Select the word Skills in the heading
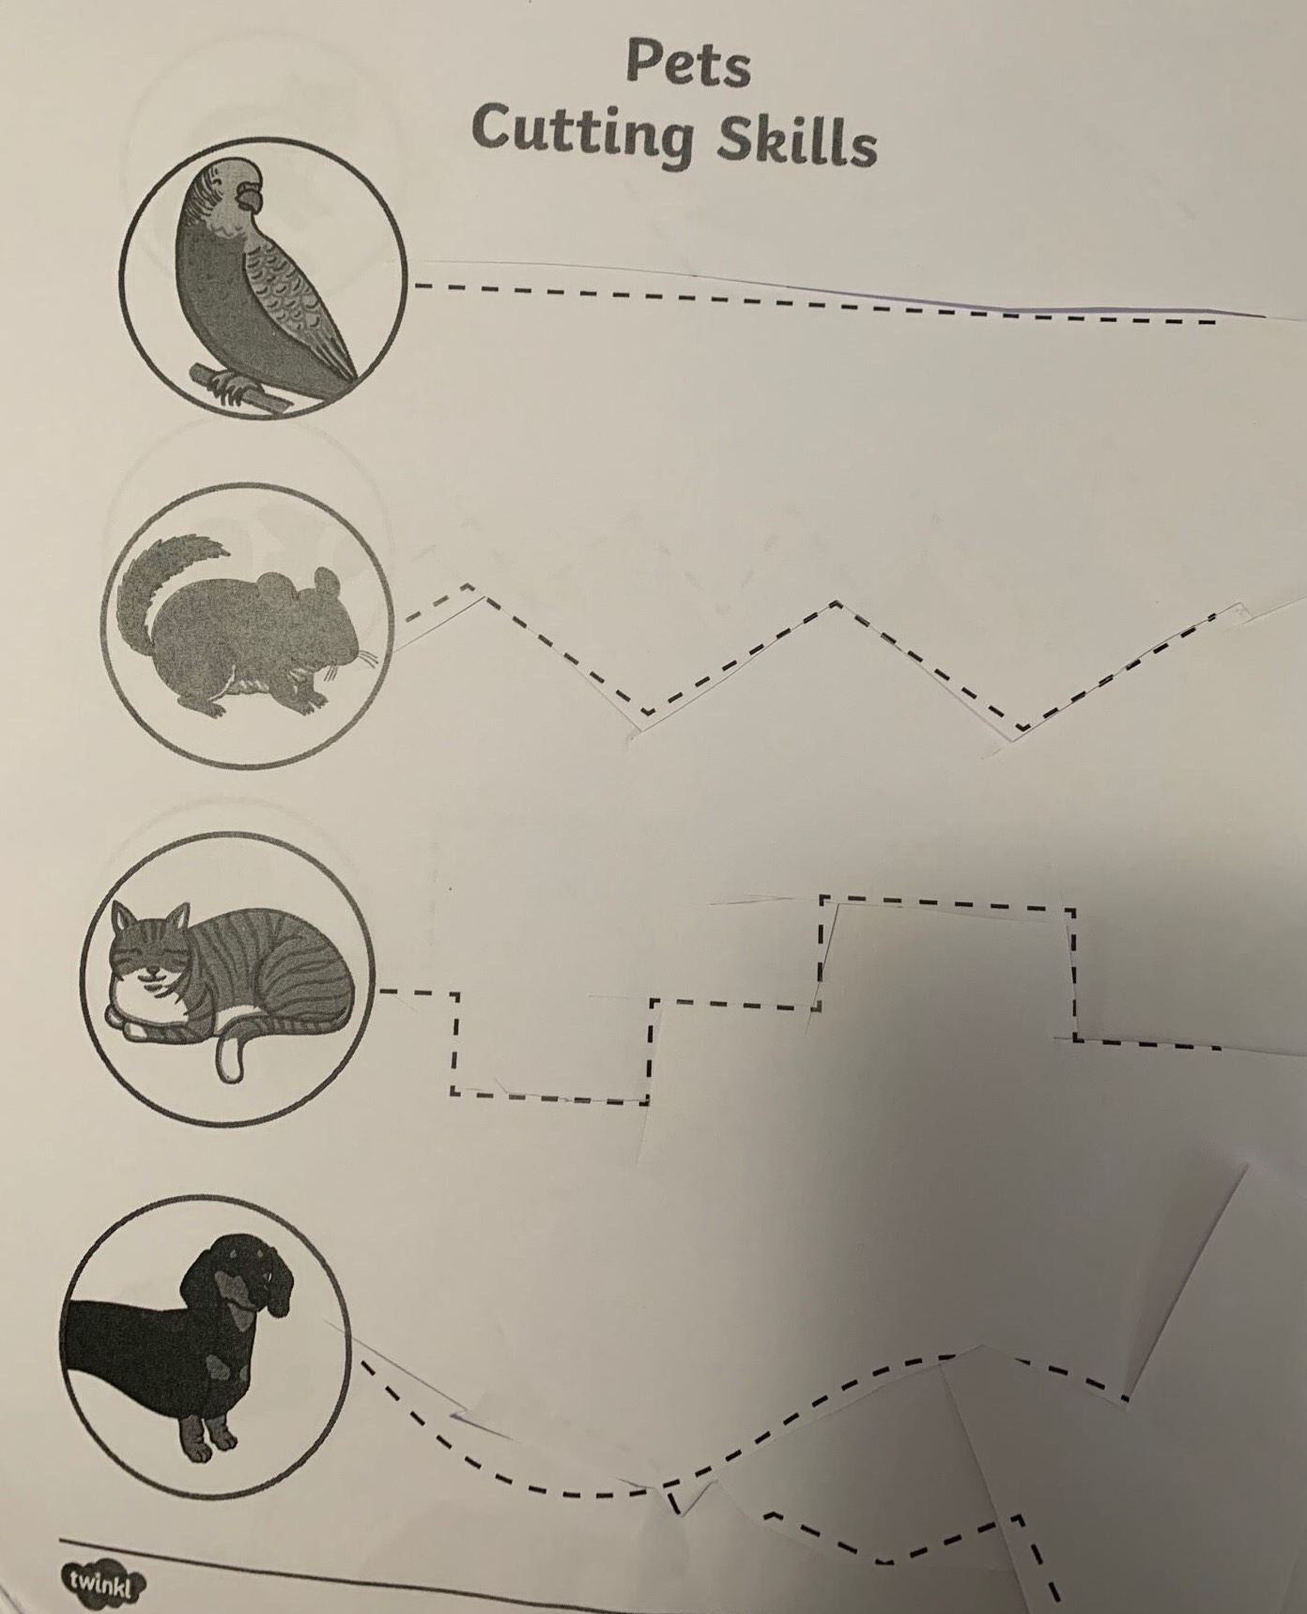click(796, 143)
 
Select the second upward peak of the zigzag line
click(837, 604)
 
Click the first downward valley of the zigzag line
click(643, 709)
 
